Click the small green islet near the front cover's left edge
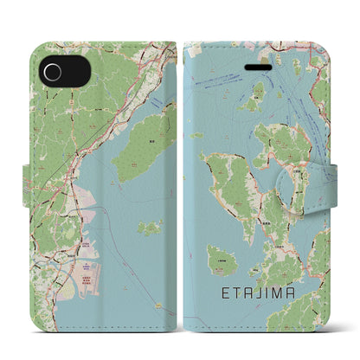coord(197,135)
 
